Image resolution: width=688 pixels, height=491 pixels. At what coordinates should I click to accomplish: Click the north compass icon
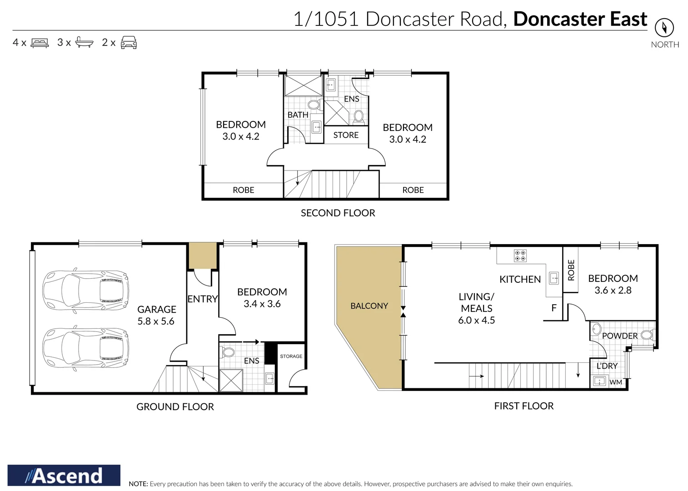click(664, 28)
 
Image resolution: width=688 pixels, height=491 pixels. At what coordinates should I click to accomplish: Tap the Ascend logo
click(64, 476)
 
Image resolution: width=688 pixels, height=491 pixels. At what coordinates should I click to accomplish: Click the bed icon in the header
click(40, 43)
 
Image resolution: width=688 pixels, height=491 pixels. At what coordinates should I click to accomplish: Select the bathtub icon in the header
click(84, 42)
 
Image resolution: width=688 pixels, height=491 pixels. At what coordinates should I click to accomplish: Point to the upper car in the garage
click(85, 291)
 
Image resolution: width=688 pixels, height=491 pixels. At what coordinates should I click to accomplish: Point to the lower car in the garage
click(85, 348)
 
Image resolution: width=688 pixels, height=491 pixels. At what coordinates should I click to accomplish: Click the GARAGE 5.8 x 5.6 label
click(156, 315)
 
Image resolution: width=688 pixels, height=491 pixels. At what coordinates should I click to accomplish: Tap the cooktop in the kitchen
click(520, 256)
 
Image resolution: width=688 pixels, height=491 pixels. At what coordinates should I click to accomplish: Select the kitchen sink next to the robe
click(553, 278)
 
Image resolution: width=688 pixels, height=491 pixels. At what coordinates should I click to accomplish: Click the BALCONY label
click(369, 306)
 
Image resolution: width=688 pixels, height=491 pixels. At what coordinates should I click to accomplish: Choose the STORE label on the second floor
click(346, 135)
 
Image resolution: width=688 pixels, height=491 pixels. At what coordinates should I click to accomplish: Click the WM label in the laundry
click(615, 382)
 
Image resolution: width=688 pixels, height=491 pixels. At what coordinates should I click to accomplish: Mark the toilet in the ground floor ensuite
click(228, 352)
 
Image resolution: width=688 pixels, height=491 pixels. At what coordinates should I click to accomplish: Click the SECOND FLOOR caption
click(338, 213)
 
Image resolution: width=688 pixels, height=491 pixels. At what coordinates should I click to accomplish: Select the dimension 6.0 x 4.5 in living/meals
click(476, 320)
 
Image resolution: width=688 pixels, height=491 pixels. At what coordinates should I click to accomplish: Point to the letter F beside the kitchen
click(553, 308)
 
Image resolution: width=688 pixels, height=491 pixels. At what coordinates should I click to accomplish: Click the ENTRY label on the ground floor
click(203, 299)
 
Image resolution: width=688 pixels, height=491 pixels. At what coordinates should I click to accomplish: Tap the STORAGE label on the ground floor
click(291, 356)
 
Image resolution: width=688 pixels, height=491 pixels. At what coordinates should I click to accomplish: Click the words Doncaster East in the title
click(580, 19)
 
